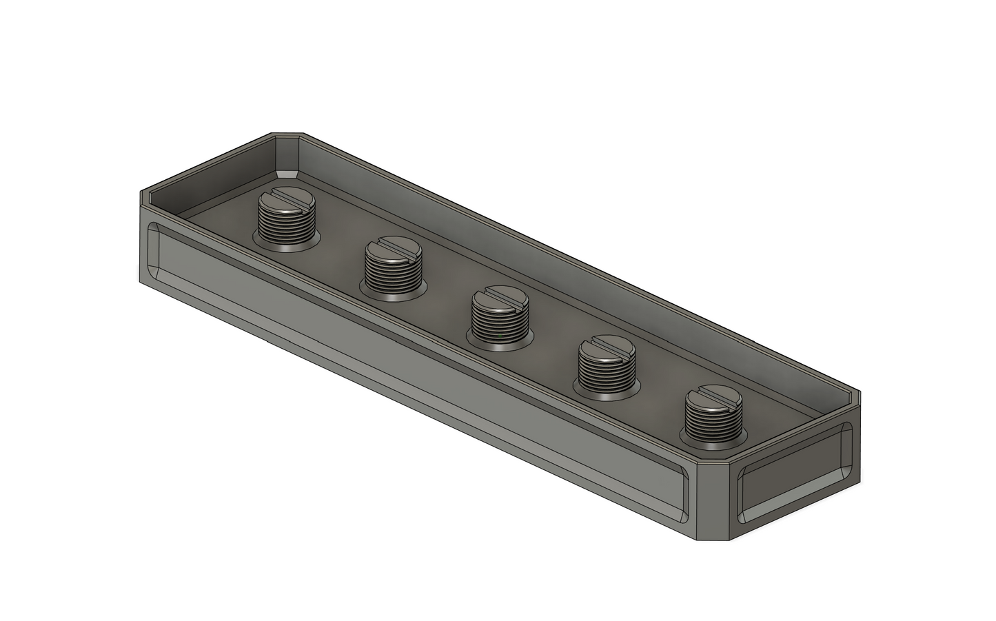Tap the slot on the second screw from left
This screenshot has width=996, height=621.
pyautogui.click(x=392, y=247)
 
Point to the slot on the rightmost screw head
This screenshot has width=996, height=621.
pyautogui.click(x=713, y=399)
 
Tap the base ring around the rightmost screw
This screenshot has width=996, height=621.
pyautogui.click(x=713, y=438)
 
